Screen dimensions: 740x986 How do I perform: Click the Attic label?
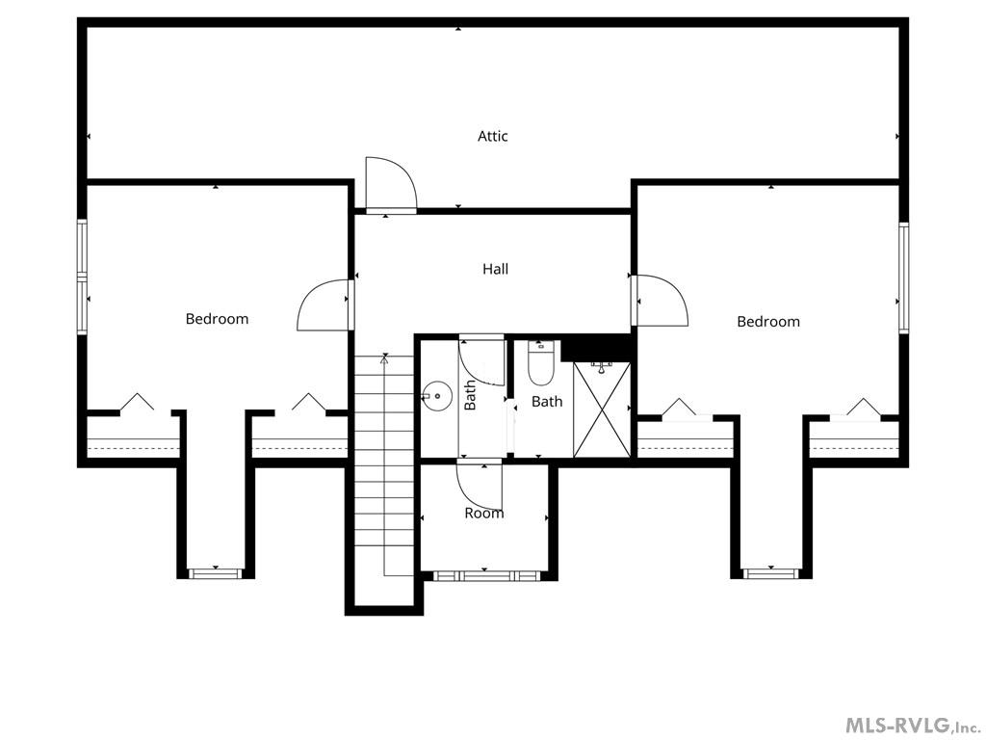coord(492,136)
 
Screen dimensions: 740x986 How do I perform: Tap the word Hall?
coord(495,269)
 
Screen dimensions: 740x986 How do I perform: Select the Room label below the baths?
coord(483,514)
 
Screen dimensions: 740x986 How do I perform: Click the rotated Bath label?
coord(470,395)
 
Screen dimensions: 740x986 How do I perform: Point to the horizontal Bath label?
coord(547,401)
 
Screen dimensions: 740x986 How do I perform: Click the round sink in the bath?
coord(438,393)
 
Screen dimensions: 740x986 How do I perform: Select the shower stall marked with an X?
coord(603,409)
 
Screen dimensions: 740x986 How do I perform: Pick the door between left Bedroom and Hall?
coord(324,304)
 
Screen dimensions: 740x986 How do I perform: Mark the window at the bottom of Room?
coord(484,575)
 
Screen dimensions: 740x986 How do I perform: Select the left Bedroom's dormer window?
coord(214,573)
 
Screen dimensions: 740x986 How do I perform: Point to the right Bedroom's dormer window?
coord(770,573)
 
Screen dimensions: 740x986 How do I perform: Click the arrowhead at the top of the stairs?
coord(385,358)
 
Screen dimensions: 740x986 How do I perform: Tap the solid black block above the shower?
coord(596,346)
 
